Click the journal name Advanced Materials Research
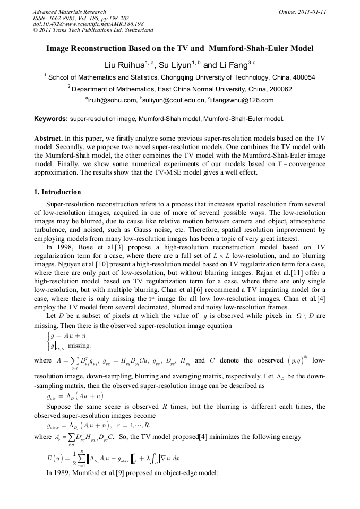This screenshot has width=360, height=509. (x=69, y=12)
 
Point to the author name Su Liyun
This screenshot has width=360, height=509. (x=175, y=65)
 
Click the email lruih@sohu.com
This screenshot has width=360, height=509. (x=112, y=100)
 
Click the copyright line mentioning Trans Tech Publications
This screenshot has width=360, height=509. (x=93, y=30)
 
